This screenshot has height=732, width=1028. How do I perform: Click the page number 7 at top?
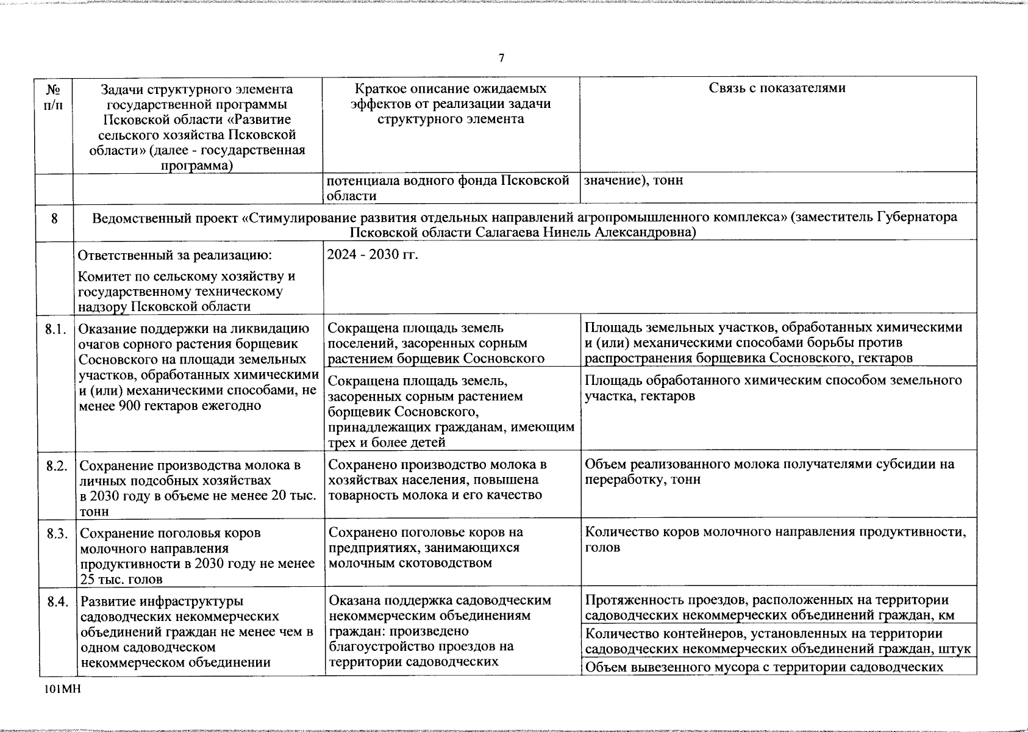[x=501, y=59]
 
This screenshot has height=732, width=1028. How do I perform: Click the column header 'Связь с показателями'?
[x=777, y=88]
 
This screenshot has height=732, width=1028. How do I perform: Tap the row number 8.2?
[x=55, y=466]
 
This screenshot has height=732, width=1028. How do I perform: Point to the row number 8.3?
[x=55, y=534]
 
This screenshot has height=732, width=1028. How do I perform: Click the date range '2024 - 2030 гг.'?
[x=373, y=254]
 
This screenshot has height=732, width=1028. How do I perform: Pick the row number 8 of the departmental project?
[x=54, y=218]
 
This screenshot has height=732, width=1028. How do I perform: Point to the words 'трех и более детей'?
[x=387, y=442]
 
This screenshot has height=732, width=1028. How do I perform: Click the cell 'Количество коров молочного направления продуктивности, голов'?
[x=775, y=539]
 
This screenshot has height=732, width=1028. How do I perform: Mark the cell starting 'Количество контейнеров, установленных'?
[x=777, y=641]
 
